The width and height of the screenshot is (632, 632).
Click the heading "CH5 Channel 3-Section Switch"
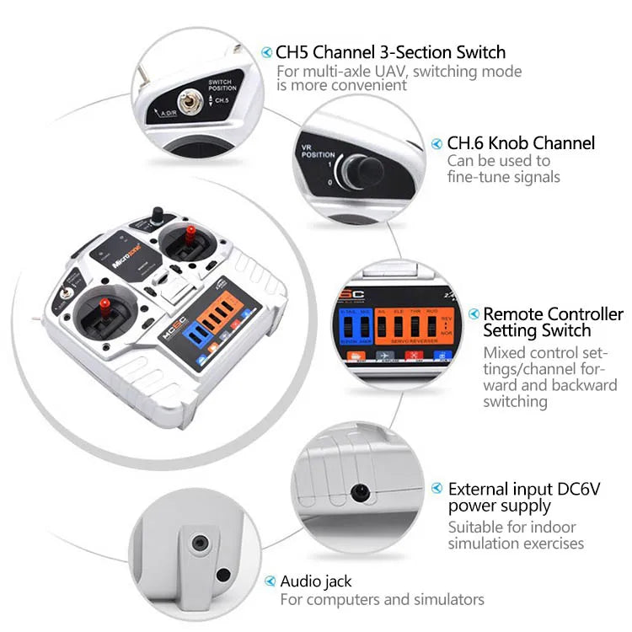tap(390, 52)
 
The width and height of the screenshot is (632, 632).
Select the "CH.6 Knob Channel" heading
tap(521, 143)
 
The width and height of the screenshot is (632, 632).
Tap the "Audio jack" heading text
tap(316, 581)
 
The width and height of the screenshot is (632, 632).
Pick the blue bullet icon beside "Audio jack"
tap(270, 581)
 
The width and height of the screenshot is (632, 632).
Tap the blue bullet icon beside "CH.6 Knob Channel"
tap(437, 143)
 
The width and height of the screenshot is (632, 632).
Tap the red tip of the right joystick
tap(190, 231)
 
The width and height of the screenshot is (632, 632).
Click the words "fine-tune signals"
tap(503, 177)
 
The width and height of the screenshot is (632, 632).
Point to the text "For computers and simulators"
tap(382, 600)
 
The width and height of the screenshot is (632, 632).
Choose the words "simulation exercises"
tap(516, 544)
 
